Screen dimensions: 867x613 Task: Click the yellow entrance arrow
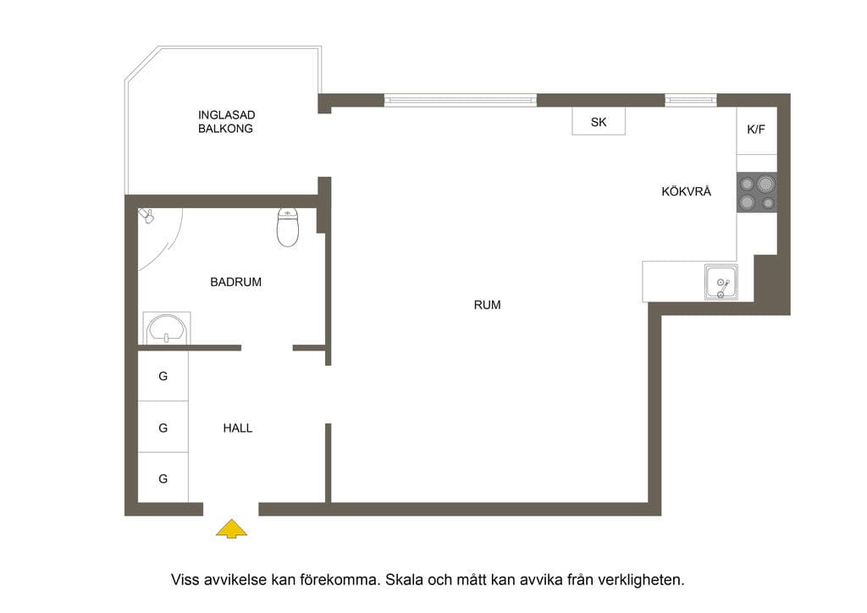pos(232,529)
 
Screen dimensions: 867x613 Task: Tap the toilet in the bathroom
pos(288,227)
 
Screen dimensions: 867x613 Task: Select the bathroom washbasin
pos(167,329)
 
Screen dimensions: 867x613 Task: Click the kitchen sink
pos(721,282)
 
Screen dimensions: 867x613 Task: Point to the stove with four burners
pos(757,192)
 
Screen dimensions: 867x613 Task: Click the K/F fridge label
pos(756,130)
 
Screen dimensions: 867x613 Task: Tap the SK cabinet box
pos(599,122)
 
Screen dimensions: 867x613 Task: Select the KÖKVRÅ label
pos(686,191)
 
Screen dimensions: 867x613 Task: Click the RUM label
pos(487,305)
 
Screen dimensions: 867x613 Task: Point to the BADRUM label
pos(235,282)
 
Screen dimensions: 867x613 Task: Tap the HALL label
pos(238,428)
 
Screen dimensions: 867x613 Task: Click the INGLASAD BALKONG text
pos(226,122)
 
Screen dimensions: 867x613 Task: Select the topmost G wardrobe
pos(163,376)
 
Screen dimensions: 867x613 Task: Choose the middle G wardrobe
pos(163,428)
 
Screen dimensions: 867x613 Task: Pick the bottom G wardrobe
pos(163,478)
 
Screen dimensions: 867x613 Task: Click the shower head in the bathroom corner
pos(146,215)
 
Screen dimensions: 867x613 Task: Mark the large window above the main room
pos(460,100)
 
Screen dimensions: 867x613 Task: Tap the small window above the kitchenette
pos(691,100)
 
